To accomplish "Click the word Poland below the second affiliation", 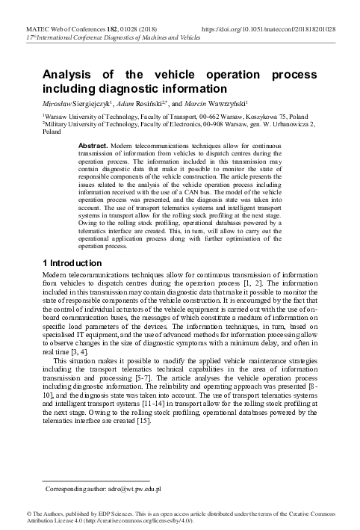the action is coord(52,132).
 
